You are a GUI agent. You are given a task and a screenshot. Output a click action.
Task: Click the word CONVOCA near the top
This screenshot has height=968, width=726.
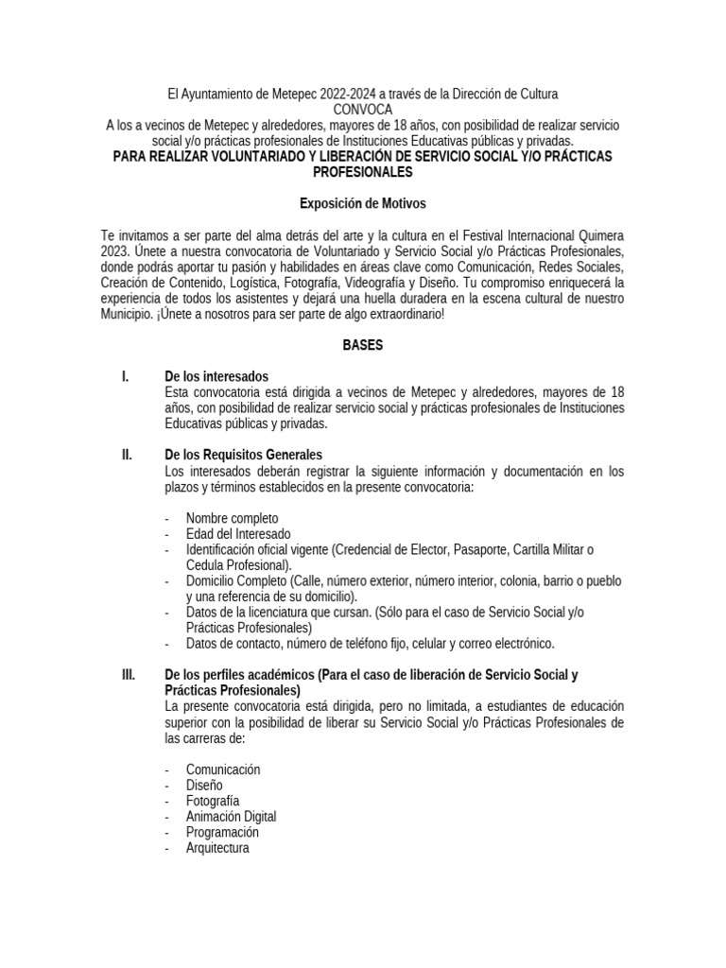pyautogui.click(x=362, y=110)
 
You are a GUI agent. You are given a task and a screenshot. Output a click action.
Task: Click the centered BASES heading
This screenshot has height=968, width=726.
pyautogui.click(x=362, y=346)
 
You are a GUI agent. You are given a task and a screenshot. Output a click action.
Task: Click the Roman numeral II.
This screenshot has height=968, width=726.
pyautogui.click(x=127, y=455)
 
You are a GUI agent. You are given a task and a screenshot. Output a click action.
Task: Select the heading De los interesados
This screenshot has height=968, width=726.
pyautogui.click(x=216, y=377)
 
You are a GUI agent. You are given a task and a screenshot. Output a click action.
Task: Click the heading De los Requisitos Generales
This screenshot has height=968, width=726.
pyautogui.click(x=244, y=455)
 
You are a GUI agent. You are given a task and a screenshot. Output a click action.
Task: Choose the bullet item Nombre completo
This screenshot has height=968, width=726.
pyautogui.click(x=232, y=518)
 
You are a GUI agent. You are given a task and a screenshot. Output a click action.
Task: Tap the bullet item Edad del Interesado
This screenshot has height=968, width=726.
pyautogui.click(x=238, y=534)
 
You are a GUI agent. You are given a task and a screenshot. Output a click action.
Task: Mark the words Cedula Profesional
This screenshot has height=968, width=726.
pyautogui.click(x=244, y=564)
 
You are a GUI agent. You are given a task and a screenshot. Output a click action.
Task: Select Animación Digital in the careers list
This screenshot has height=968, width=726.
pyautogui.click(x=231, y=817)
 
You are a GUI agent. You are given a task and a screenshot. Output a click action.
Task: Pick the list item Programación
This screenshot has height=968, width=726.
pyautogui.click(x=222, y=833)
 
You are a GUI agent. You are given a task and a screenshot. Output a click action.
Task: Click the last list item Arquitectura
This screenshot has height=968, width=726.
pyautogui.click(x=217, y=849)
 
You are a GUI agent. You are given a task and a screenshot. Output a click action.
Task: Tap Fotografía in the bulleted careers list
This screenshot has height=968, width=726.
pyautogui.click(x=213, y=801)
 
